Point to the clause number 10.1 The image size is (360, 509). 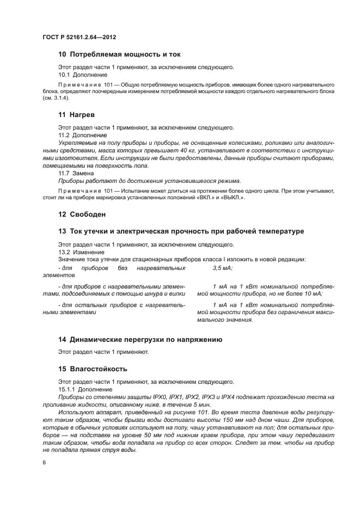tap(65, 75)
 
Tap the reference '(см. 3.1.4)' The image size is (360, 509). tap(57, 99)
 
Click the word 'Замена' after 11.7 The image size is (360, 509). tap(89, 173)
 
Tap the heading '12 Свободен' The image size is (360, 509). tap(82, 214)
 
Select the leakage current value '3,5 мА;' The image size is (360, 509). tap(222, 268)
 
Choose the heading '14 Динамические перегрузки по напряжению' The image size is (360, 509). tap(140, 340)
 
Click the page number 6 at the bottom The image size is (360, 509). tap(44, 463)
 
